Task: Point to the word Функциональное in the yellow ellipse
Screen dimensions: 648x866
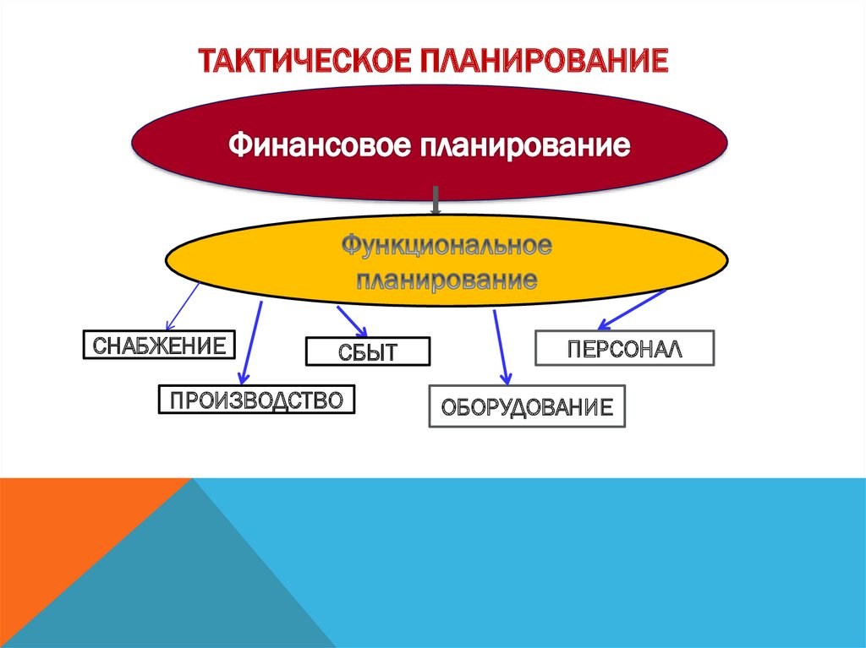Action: coord(447,247)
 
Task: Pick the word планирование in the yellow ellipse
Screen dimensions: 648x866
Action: coord(447,279)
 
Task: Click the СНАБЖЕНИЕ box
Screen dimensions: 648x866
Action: coord(158,346)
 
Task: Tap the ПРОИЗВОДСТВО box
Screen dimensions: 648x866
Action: coord(256,400)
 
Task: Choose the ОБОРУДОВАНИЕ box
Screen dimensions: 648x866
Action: coord(528,406)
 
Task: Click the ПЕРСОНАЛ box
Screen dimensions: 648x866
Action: coord(624,347)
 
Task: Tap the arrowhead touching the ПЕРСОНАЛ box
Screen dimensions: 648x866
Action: coord(603,325)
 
